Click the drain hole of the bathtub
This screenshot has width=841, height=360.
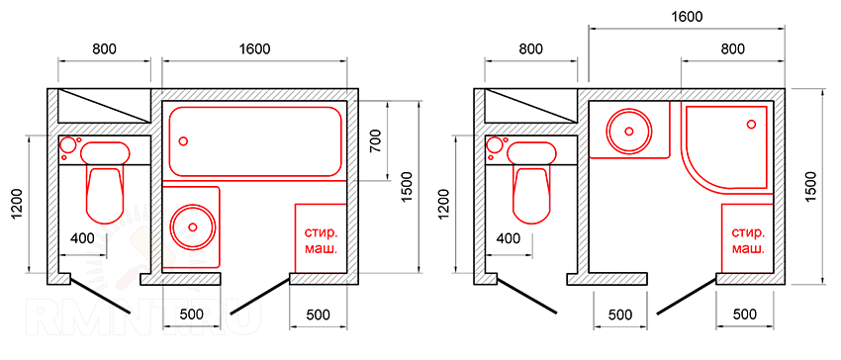coord(183,141)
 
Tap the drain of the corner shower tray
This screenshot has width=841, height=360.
coord(751,124)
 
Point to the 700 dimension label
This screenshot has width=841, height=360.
coord(375,140)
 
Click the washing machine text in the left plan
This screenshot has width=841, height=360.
coord(321,241)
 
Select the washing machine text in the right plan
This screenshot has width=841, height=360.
coord(748,241)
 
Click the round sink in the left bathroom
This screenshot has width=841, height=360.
coord(193,226)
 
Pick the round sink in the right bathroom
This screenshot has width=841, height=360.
coord(629,131)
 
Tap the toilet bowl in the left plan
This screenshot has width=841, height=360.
coord(104,195)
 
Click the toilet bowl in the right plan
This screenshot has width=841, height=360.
coord(531,195)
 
